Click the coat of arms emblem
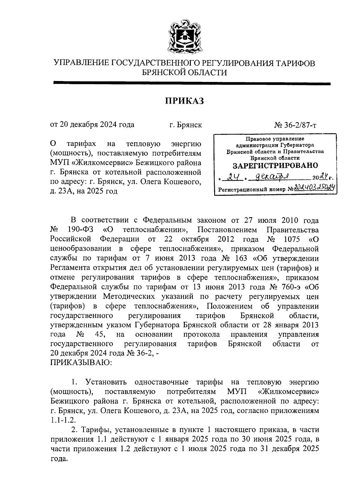184,37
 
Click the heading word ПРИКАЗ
184,101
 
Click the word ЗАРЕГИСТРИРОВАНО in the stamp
275,165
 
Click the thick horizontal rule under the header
192,84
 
